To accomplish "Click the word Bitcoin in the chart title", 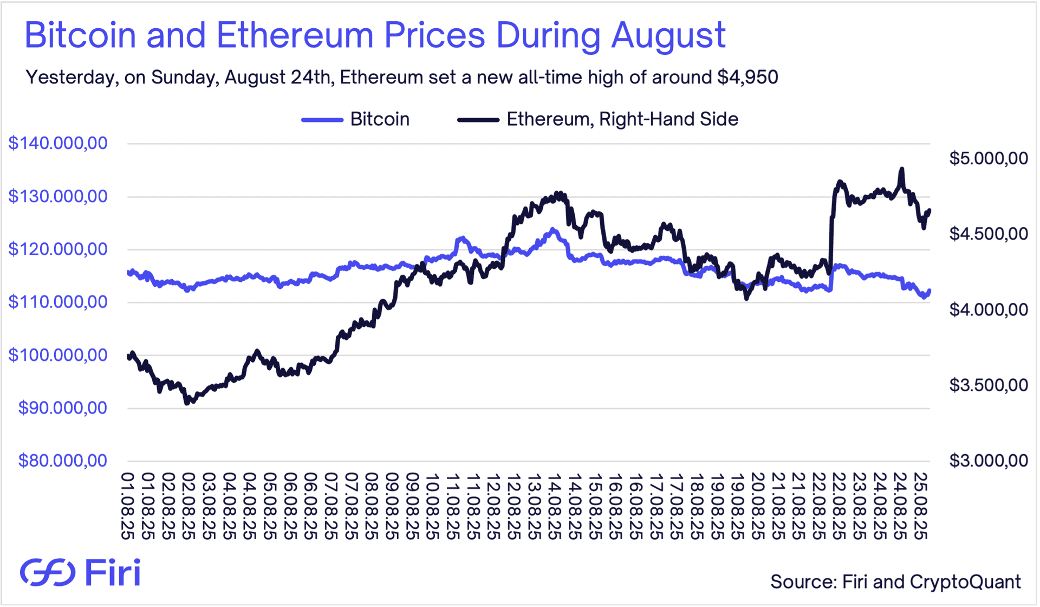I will pyautogui.click(x=80, y=35).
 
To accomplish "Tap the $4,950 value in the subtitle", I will pyautogui.click(x=747, y=78).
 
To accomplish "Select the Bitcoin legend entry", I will pyautogui.click(x=379, y=119).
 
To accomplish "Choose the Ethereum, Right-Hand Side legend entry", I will pyautogui.click(x=622, y=119).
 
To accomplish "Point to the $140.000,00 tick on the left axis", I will pyautogui.click(x=58, y=143).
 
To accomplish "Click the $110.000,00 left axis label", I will pyautogui.click(x=58, y=302).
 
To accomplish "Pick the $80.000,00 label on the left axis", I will pyautogui.click(x=63, y=461).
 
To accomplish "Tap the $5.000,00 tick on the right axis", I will pyautogui.click(x=989, y=158).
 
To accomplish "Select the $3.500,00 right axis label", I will pyautogui.click(x=989, y=385).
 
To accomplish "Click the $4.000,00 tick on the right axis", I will pyautogui.click(x=989, y=309).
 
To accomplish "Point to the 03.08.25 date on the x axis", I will pyautogui.click(x=209, y=506).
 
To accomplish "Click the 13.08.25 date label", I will pyautogui.click(x=534, y=506).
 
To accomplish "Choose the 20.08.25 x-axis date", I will pyautogui.click(x=757, y=506).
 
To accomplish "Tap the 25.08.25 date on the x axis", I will pyautogui.click(x=919, y=506).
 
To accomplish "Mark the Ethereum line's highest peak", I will pyautogui.click(x=902, y=169).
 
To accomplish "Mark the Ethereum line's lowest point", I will pyautogui.click(x=187, y=403).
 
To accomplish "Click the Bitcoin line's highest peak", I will pyautogui.click(x=552, y=229).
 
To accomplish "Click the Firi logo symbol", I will pyautogui.click(x=48, y=572).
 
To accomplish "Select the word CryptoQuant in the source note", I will pyautogui.click(x=965, y=582).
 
